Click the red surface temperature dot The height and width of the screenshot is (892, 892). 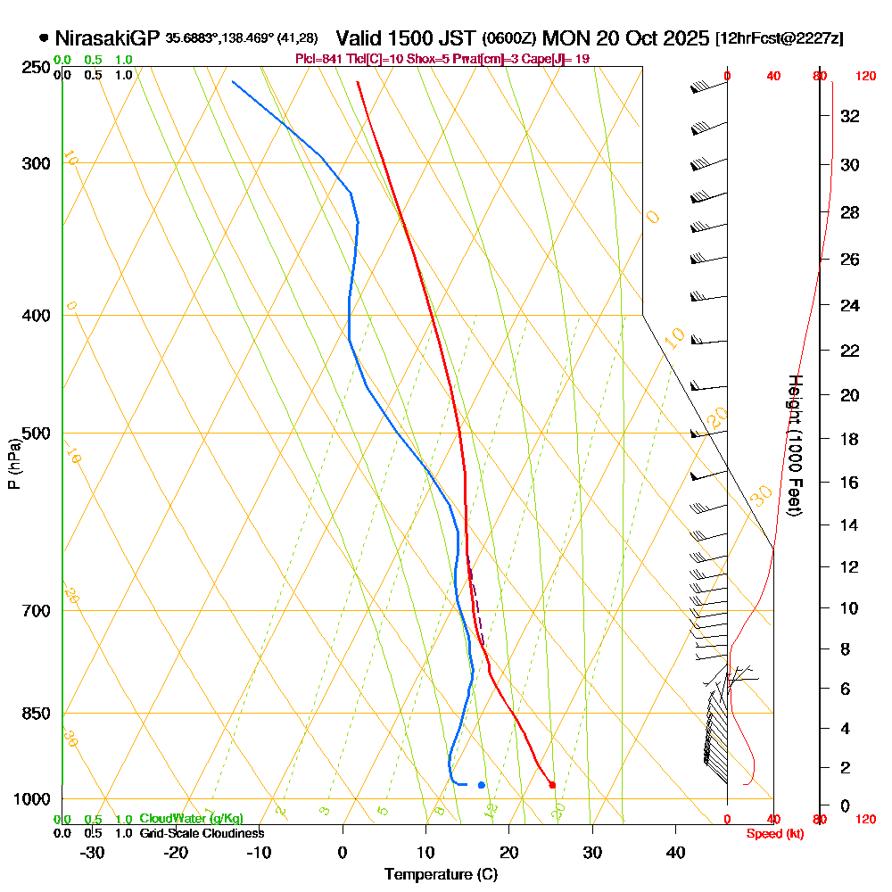[552, 785]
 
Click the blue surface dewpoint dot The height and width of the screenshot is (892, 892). [482, 785]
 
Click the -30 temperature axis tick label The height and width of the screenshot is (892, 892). [93, 852]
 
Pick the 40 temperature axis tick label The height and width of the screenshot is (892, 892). [676, 852]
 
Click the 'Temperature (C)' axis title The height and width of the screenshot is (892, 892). [441, 874]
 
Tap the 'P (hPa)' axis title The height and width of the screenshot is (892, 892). [13, 463]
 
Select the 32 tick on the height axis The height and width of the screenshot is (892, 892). [850, 116]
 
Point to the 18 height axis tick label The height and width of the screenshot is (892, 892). [850, 439]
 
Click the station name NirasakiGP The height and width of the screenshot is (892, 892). [107, 38]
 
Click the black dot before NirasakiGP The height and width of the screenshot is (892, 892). [44, 38]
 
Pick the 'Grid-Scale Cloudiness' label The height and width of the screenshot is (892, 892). [201, 832]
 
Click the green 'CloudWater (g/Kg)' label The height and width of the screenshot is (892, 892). [191, 818]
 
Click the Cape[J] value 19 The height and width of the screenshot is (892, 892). [581, 59]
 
